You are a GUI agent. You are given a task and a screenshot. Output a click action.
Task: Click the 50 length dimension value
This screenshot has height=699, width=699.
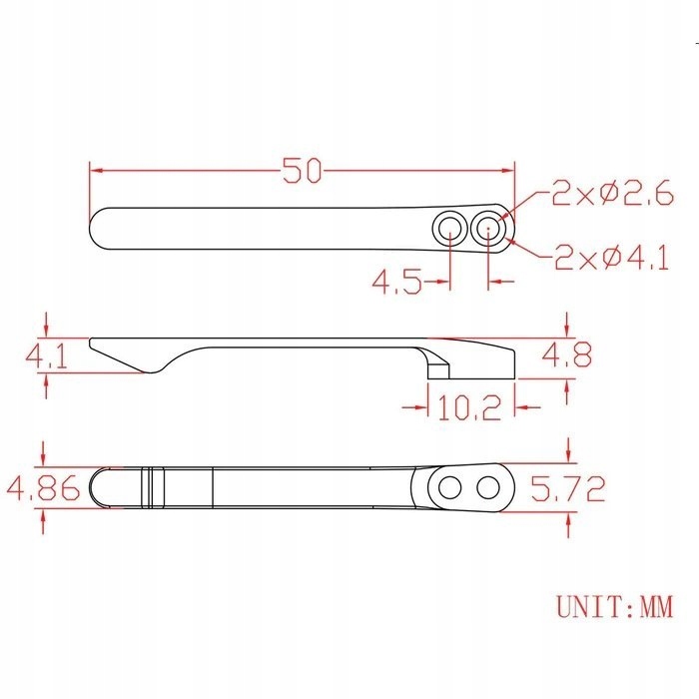click(302, 171)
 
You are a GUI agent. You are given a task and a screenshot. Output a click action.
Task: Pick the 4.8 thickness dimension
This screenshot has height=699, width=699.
click(567, 354)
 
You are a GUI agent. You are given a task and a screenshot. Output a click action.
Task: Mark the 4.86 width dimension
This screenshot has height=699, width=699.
click(39, 489)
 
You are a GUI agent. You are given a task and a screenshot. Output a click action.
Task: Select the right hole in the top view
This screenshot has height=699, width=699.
click(488, 229)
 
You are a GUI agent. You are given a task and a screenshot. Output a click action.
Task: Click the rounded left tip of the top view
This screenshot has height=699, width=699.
click(98, 229)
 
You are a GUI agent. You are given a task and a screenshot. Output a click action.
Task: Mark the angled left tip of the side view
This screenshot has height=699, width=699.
click(100, 347)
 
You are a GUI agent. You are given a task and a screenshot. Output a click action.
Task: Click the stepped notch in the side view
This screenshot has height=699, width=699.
click(437, 367)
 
